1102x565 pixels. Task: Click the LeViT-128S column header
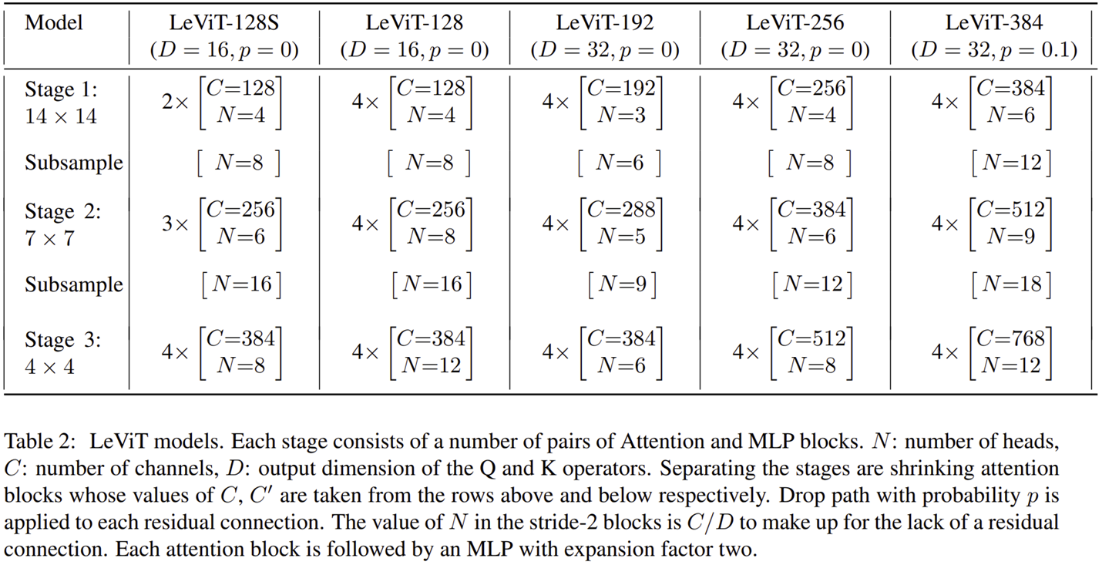pyautogui.click(x=223, y=22)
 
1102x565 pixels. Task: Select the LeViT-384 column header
pyautogui.click(x=994, y=22)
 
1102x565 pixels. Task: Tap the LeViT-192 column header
pyautogui.click(x=605, y=22)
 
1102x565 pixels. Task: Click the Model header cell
pyautogui.click(x=54, y=22)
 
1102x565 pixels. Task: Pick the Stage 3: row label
pyautogui.click(x=62, y=340)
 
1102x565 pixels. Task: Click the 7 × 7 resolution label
pyautogui.click(x=49, y=238)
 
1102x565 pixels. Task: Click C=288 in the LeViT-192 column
pyautogui.click(x=621, y=209)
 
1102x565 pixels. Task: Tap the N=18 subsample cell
pyautogui.click(x=1011, y=284)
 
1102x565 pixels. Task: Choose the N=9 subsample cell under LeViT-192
pyautogui.click(x=621, y=284)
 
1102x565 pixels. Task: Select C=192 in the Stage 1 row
pyautogui.click(x=621, y=88)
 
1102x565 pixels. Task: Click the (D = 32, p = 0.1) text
pyautogui.click(x=994, y=50)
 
